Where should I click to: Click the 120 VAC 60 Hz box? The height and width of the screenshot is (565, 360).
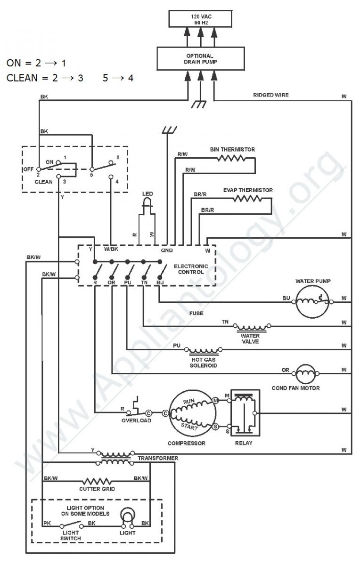click(200, 19)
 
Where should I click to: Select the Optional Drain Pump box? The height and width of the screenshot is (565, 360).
click(201, 58)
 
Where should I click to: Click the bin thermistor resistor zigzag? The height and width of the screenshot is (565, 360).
click(231, 158)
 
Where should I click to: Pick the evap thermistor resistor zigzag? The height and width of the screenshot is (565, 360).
click(247, 199)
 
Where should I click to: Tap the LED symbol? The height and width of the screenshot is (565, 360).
click(147, 204)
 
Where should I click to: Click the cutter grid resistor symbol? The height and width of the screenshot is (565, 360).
click(97, 481)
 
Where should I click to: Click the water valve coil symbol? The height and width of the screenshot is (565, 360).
click(252, 327)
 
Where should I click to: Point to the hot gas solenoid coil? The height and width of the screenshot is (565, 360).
click(203, 351)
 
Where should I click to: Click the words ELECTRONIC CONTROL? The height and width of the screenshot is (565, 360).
click(191, 269)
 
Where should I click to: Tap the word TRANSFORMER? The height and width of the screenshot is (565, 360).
click(158, 458)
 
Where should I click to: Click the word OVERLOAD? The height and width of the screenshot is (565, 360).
click(136, 420)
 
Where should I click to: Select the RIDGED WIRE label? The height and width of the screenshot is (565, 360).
click(271, 95)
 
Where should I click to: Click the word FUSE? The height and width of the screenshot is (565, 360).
click(196, 313)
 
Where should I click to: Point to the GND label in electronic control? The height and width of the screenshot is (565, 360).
click(167, 250)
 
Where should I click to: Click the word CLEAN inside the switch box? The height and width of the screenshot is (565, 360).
click(43, 182)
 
